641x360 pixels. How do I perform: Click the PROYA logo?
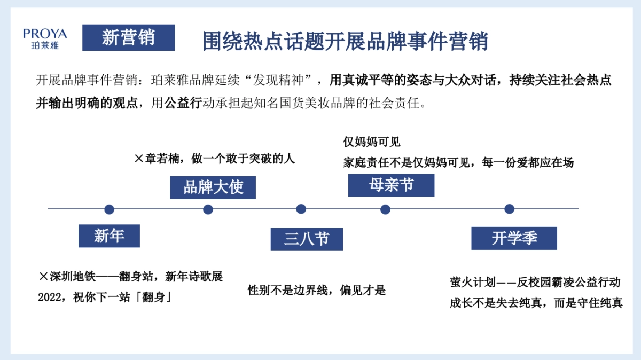[x=45, y=38]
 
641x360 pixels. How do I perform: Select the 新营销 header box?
[x=128, y=37]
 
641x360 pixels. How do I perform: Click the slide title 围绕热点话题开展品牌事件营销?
[x=345, y=41]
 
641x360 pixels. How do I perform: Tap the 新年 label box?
[x=109, y=236]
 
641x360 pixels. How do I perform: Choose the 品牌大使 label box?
[x=213, y=187]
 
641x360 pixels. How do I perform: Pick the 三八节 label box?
[x=306, y=239]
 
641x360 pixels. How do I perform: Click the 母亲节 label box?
[x=391, y=185]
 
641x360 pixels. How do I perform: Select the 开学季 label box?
[x=514, y=238]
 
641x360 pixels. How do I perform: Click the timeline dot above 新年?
[x=110, y=209]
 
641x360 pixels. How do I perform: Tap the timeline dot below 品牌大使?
[x=208, y=209]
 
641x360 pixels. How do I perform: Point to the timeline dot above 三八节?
[x=301, y=209]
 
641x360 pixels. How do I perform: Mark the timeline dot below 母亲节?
[x=385, y=209]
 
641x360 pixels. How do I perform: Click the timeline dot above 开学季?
[x=509, y=209]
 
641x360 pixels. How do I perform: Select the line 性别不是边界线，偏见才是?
[x=316, y=291]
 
